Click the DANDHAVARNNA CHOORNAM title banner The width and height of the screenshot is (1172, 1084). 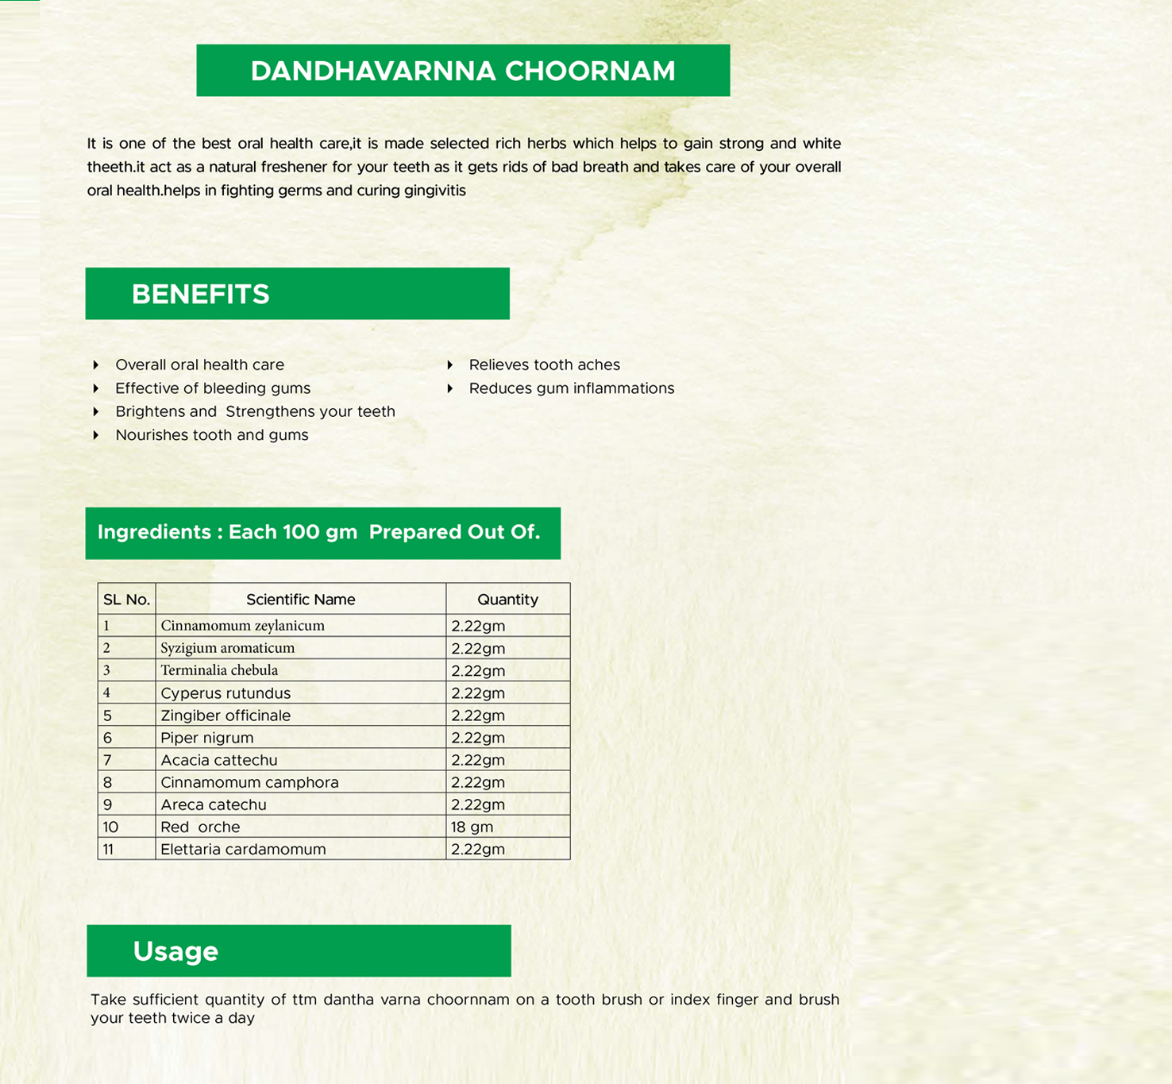[463, 71]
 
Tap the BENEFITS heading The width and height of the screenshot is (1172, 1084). [200, 295]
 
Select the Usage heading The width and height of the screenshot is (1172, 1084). [175, 951]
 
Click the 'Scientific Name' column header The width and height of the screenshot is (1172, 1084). [300, 600]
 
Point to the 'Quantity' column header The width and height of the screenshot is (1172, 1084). [507, 600]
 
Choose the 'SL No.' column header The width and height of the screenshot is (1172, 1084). [126, 600]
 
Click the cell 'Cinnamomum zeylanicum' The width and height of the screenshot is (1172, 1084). [242, 626]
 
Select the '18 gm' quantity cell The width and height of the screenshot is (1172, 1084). [472, 827]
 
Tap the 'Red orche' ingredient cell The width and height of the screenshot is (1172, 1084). [200, 827]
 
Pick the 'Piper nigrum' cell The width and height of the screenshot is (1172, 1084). [207, 738]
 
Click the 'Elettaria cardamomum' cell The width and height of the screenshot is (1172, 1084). [243, 849]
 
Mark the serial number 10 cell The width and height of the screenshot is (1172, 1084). [110, 827]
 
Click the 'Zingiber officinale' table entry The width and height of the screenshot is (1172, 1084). [226, 716]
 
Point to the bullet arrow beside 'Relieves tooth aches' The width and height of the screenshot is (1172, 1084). [450, 365]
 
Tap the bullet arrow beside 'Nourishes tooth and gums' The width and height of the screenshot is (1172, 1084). [96, 435]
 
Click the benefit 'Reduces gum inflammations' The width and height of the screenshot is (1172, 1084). [571, 388]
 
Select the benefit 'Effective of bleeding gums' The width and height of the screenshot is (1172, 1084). [213, 388]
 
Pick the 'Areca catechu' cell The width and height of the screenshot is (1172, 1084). [214, 804]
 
